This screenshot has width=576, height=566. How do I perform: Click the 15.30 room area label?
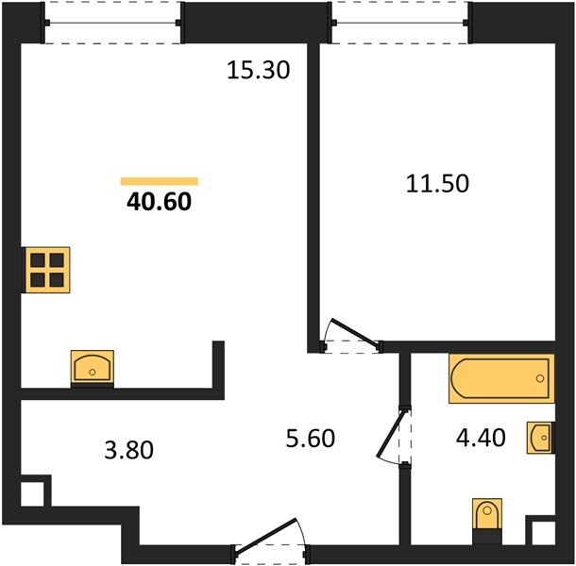258,70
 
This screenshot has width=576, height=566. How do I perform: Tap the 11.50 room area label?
437,184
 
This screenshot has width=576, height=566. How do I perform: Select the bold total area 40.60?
159,202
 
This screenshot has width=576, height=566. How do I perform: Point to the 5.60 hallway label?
311,438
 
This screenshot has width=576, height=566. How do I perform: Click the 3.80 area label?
128,450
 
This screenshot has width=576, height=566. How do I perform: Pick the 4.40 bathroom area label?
481,437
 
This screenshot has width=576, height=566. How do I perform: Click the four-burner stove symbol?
46,270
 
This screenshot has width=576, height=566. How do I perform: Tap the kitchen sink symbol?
93,368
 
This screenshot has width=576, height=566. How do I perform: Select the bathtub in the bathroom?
501,378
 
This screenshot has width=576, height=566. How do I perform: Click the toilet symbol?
487,522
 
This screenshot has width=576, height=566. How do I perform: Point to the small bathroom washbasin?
540,438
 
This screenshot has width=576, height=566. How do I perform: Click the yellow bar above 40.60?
160,181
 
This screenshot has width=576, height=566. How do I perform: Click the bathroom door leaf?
392,434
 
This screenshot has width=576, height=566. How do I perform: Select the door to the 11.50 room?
354,333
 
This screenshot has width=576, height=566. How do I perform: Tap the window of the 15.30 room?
112,23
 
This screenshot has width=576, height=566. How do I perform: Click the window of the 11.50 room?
400,23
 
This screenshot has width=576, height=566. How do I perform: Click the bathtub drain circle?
540,378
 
